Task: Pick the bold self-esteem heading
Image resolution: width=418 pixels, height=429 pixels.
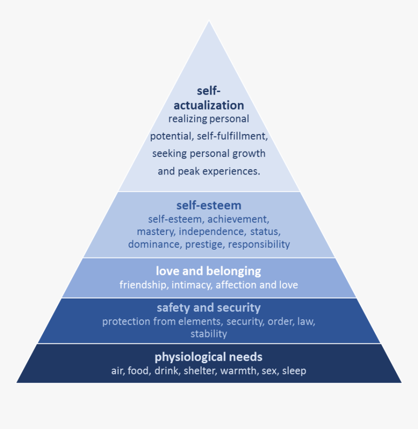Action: point(209,205)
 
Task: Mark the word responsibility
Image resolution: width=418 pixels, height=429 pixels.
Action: point(259,244)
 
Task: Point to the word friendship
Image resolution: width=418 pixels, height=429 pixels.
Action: point(143,285)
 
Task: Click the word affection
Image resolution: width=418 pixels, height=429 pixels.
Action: point(235,285)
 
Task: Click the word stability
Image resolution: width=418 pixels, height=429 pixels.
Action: point(209,334)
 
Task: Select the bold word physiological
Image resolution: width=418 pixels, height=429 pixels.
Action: point(188,357)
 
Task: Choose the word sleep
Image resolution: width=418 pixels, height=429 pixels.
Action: point(294,371)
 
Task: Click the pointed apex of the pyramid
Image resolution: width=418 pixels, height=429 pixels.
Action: point(209,22)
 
